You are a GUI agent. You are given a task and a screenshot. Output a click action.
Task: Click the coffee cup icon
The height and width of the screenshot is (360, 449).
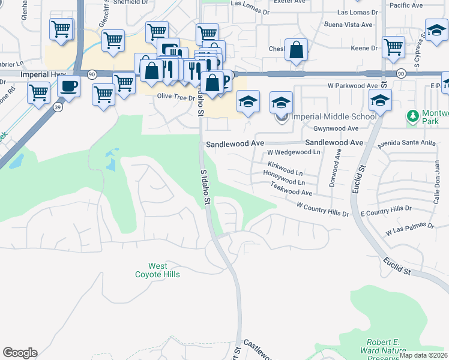click(69, 86)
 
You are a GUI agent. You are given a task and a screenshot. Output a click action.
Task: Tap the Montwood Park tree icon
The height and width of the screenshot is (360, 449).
click(412, 115)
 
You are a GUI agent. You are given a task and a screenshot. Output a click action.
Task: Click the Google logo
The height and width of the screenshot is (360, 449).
click(20, 353)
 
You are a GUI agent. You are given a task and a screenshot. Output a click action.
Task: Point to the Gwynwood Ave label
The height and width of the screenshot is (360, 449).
click(336, 128)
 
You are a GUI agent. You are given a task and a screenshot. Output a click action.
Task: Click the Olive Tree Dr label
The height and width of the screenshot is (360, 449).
click(176, 96)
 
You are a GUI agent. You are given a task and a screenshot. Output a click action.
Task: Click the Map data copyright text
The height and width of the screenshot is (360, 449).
click(424, 355)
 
